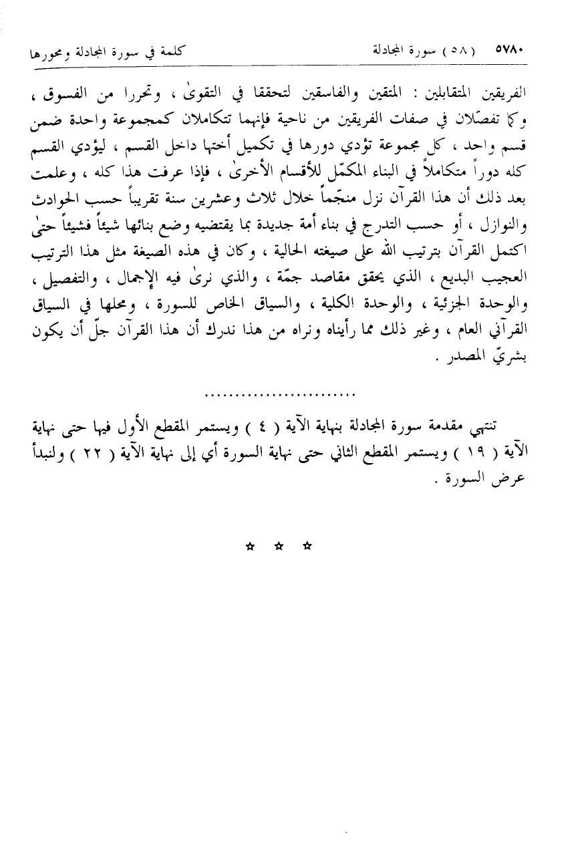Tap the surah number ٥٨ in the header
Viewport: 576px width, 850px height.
tap(462, 50)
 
